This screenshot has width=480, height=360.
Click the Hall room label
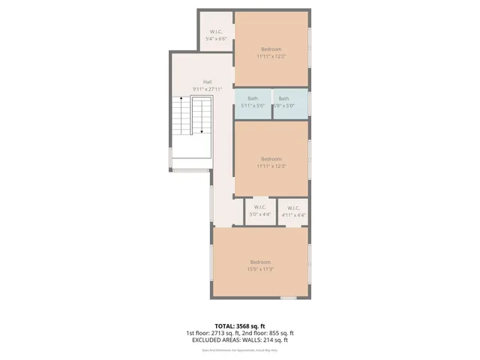(x=207, y=82)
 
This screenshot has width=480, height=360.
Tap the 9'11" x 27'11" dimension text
(x=207, y=88)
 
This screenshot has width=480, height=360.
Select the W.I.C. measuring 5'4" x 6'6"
(x=216, y=35)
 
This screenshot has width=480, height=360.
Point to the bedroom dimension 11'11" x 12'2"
(x=271, y=55)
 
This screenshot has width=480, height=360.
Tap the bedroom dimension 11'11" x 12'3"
(x=271, y=166)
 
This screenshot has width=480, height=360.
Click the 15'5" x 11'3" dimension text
(x=260, y=268)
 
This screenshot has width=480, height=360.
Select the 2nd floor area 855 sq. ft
(x=277, y=333)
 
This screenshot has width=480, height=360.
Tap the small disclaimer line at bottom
(x=240, y=348)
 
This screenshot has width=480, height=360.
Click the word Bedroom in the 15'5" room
(x=260, y=262)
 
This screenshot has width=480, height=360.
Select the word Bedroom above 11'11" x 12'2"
(x=271, y=49)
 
